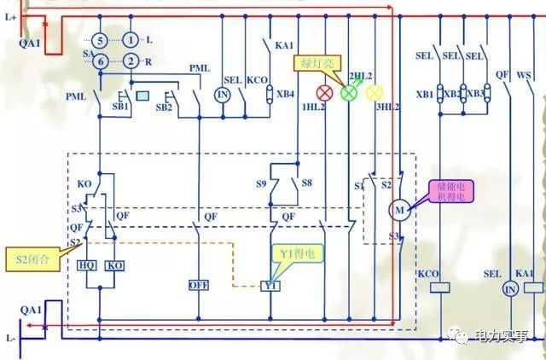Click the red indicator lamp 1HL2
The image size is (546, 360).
point(324,91)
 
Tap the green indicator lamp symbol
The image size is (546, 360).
point(348,91)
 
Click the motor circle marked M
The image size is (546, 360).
point(398,210)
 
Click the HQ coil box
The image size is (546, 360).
point(86,265)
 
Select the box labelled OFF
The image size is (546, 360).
point(200,284)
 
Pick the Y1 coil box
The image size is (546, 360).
point(270,284)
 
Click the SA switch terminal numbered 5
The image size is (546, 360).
point(99,40)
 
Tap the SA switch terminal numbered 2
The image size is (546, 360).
point(131,61)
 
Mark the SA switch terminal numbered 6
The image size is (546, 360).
point(99,61)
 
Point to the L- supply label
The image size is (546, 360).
point(11,338)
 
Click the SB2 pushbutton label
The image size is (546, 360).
point(165,108)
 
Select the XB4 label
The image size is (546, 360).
point(286,94)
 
